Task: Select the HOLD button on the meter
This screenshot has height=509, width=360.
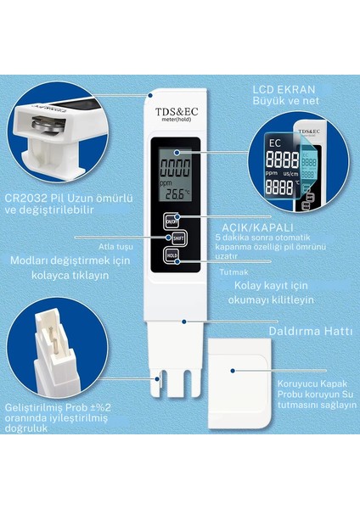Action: pos(171,255)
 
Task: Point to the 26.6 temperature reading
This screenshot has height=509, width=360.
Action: pos(177,193)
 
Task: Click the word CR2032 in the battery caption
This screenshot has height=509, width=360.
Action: pos(28,198)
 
